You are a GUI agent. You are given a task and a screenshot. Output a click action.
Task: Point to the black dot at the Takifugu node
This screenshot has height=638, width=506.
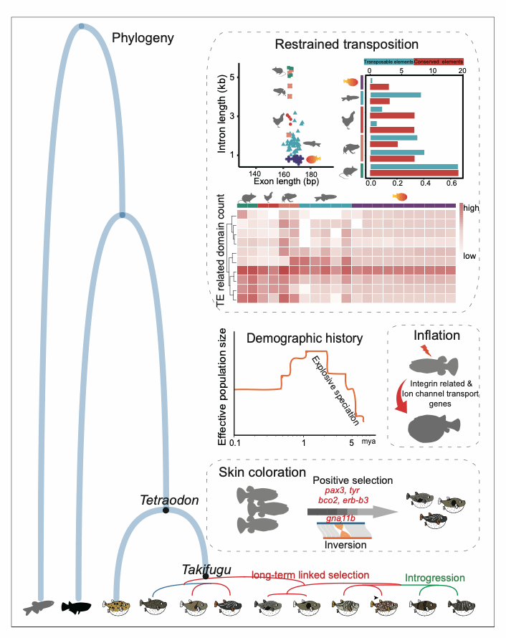205,576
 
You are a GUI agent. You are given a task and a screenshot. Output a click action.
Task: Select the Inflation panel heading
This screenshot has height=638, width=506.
436,335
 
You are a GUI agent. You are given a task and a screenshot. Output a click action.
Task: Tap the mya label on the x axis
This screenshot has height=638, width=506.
368,443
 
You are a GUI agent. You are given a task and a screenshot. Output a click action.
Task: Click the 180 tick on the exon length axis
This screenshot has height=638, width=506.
311,174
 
